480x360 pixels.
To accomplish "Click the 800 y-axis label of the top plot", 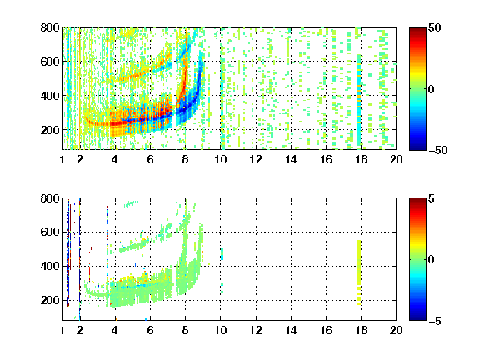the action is click(50, 27).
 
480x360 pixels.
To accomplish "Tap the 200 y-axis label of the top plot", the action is click(50, 130).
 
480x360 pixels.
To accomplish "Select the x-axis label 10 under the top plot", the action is click(220, 159).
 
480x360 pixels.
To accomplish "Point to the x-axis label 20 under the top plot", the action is click(396, 159).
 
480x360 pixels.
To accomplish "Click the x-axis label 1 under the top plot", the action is click(62, 159).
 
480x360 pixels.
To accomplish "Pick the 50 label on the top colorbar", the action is click(435, 27).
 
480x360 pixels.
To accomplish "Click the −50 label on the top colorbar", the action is click(438, 150).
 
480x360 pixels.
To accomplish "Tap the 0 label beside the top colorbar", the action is click(432, 89).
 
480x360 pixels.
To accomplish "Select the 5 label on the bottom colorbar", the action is click(432, 198).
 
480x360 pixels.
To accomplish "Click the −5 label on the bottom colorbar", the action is click(435, 321).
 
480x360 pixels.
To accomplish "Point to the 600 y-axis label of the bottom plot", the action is click(50, 232).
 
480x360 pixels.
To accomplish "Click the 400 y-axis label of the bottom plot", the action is click(50, 266).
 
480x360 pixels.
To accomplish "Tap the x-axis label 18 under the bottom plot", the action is click(361, 330).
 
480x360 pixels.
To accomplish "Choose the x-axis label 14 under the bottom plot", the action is click(291, 330).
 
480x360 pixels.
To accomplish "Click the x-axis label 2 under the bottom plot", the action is click(80, 330).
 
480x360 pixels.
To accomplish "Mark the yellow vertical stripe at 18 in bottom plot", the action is click(359, 272).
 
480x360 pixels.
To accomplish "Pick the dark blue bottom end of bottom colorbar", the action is click(417, 318).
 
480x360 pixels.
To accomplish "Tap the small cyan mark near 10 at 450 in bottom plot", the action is click(222, 254).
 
